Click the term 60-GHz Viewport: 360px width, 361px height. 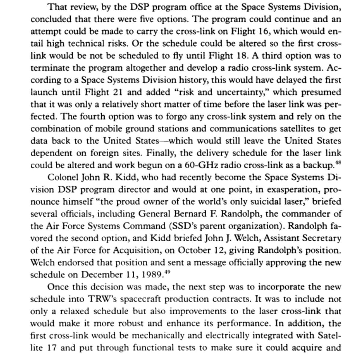[198, 165]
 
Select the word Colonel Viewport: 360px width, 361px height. [64, 177]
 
